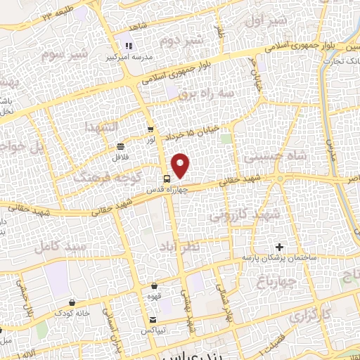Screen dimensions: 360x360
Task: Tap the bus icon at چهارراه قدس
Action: (167, 179)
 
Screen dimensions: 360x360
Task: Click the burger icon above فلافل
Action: (121, 146)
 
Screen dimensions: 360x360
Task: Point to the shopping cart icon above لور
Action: (150, 129)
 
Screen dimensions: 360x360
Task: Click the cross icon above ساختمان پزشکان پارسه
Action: (280, 247)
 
